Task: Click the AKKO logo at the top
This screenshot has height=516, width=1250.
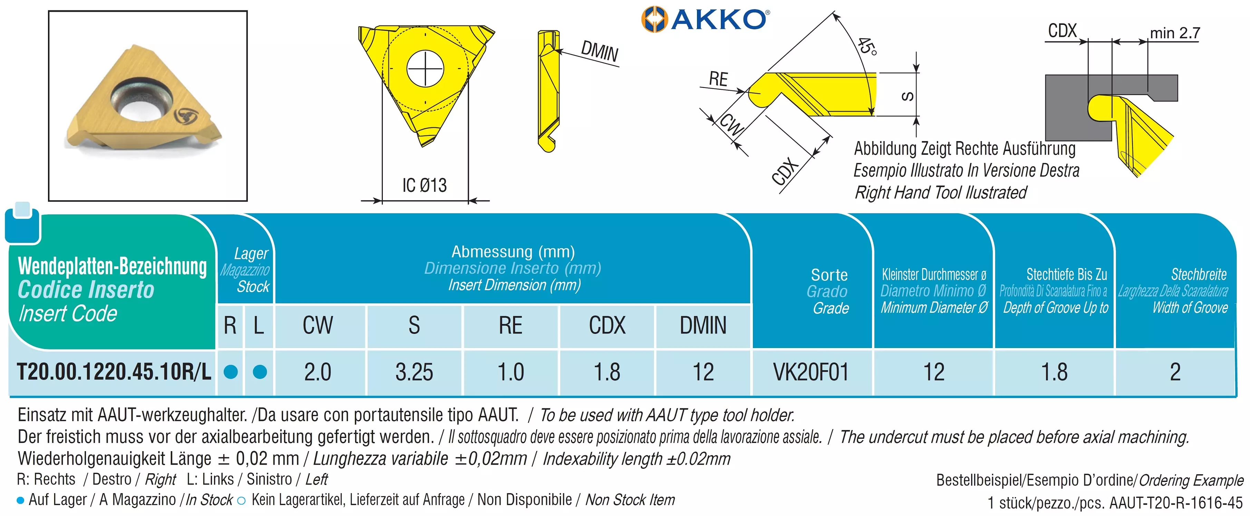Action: pyautogui.click(x=705, y=19)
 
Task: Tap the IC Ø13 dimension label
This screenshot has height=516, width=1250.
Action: pyautogui.click(x=424, y=185)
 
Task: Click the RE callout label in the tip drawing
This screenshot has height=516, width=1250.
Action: pyautogui.click(x=719, y=79)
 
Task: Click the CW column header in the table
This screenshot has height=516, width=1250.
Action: pyautogui.click(x=318, y=325)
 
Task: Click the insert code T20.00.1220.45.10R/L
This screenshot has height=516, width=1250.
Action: pyautogui.click(x=114, y=372)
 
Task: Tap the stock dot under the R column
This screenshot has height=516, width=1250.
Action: pyautogui.click(x=231, y=372)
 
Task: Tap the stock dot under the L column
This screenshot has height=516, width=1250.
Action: pyautogui.click(x=260, y=372)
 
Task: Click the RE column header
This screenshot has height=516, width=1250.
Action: pyautogui.click(x=511, y=325)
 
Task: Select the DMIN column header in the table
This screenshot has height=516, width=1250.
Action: pyautogui.click(x=703, y=325)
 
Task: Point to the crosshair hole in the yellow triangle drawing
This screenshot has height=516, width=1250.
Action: pyautogui.click(x=425, y=69)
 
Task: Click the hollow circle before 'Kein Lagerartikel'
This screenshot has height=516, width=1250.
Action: pyautogui.click(x=241, y=500)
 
